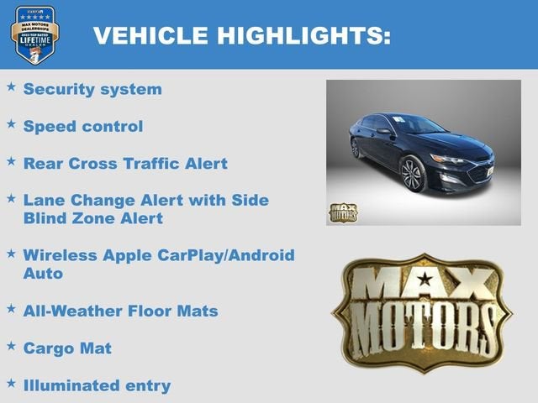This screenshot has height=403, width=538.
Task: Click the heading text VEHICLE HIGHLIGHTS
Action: pos(241,36)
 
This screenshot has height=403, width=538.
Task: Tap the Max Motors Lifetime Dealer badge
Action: pos(34,34)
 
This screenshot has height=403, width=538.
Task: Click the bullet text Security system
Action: pos(92,89)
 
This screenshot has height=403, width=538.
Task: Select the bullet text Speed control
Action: pos(83,126)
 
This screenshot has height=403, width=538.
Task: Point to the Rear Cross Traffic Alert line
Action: pos(125,163)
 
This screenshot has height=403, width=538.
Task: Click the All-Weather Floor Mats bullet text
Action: pos(120,311)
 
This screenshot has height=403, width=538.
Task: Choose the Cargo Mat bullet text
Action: pos(67,348)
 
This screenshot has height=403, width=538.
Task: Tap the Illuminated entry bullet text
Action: pos(97,385)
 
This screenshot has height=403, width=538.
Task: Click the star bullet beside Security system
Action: pos(11,86)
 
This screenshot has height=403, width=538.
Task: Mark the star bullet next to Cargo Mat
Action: pos(11,345)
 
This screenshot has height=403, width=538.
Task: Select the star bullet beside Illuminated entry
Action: pos(11,383)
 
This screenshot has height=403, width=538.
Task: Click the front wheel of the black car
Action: pos(414,175)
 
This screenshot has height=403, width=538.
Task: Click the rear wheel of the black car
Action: pos(356,148)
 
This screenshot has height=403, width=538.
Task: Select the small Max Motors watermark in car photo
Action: pos(342,212)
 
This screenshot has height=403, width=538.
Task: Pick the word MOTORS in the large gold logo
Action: pos(423,326)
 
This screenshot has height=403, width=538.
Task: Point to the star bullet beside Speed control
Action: pos(11,123)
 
